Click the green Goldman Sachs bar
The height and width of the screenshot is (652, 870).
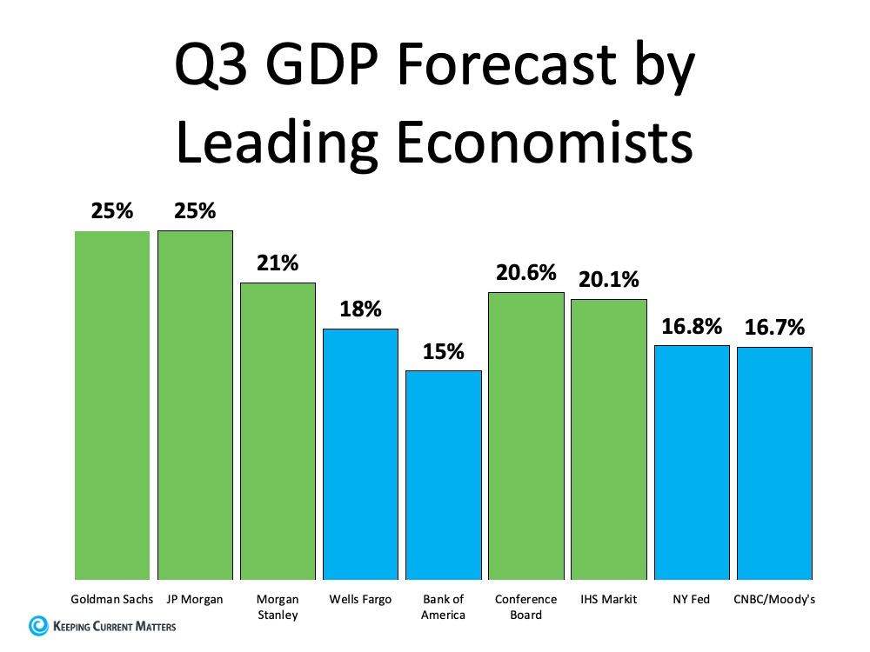[x=111, y=405]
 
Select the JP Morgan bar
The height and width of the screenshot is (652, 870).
[x=195, y=405]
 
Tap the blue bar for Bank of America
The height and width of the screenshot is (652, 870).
[x=444, y=475]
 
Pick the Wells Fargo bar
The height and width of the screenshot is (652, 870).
[x=360, y=454]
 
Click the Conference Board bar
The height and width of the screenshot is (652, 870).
[x=526, y=436]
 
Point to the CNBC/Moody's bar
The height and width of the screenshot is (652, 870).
[x=774, y=463]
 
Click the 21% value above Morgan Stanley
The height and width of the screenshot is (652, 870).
[x=278, y=263]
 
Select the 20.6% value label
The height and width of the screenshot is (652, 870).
[x=526, y=272]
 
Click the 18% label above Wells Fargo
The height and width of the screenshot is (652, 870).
[x=360, y=309]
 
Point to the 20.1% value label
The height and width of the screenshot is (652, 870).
[x=609, y=279]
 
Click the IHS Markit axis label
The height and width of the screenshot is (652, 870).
[x=609, y=600]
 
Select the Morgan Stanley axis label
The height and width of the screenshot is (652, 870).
[x=278, y=607]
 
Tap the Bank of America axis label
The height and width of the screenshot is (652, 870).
[x=444, y=607]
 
